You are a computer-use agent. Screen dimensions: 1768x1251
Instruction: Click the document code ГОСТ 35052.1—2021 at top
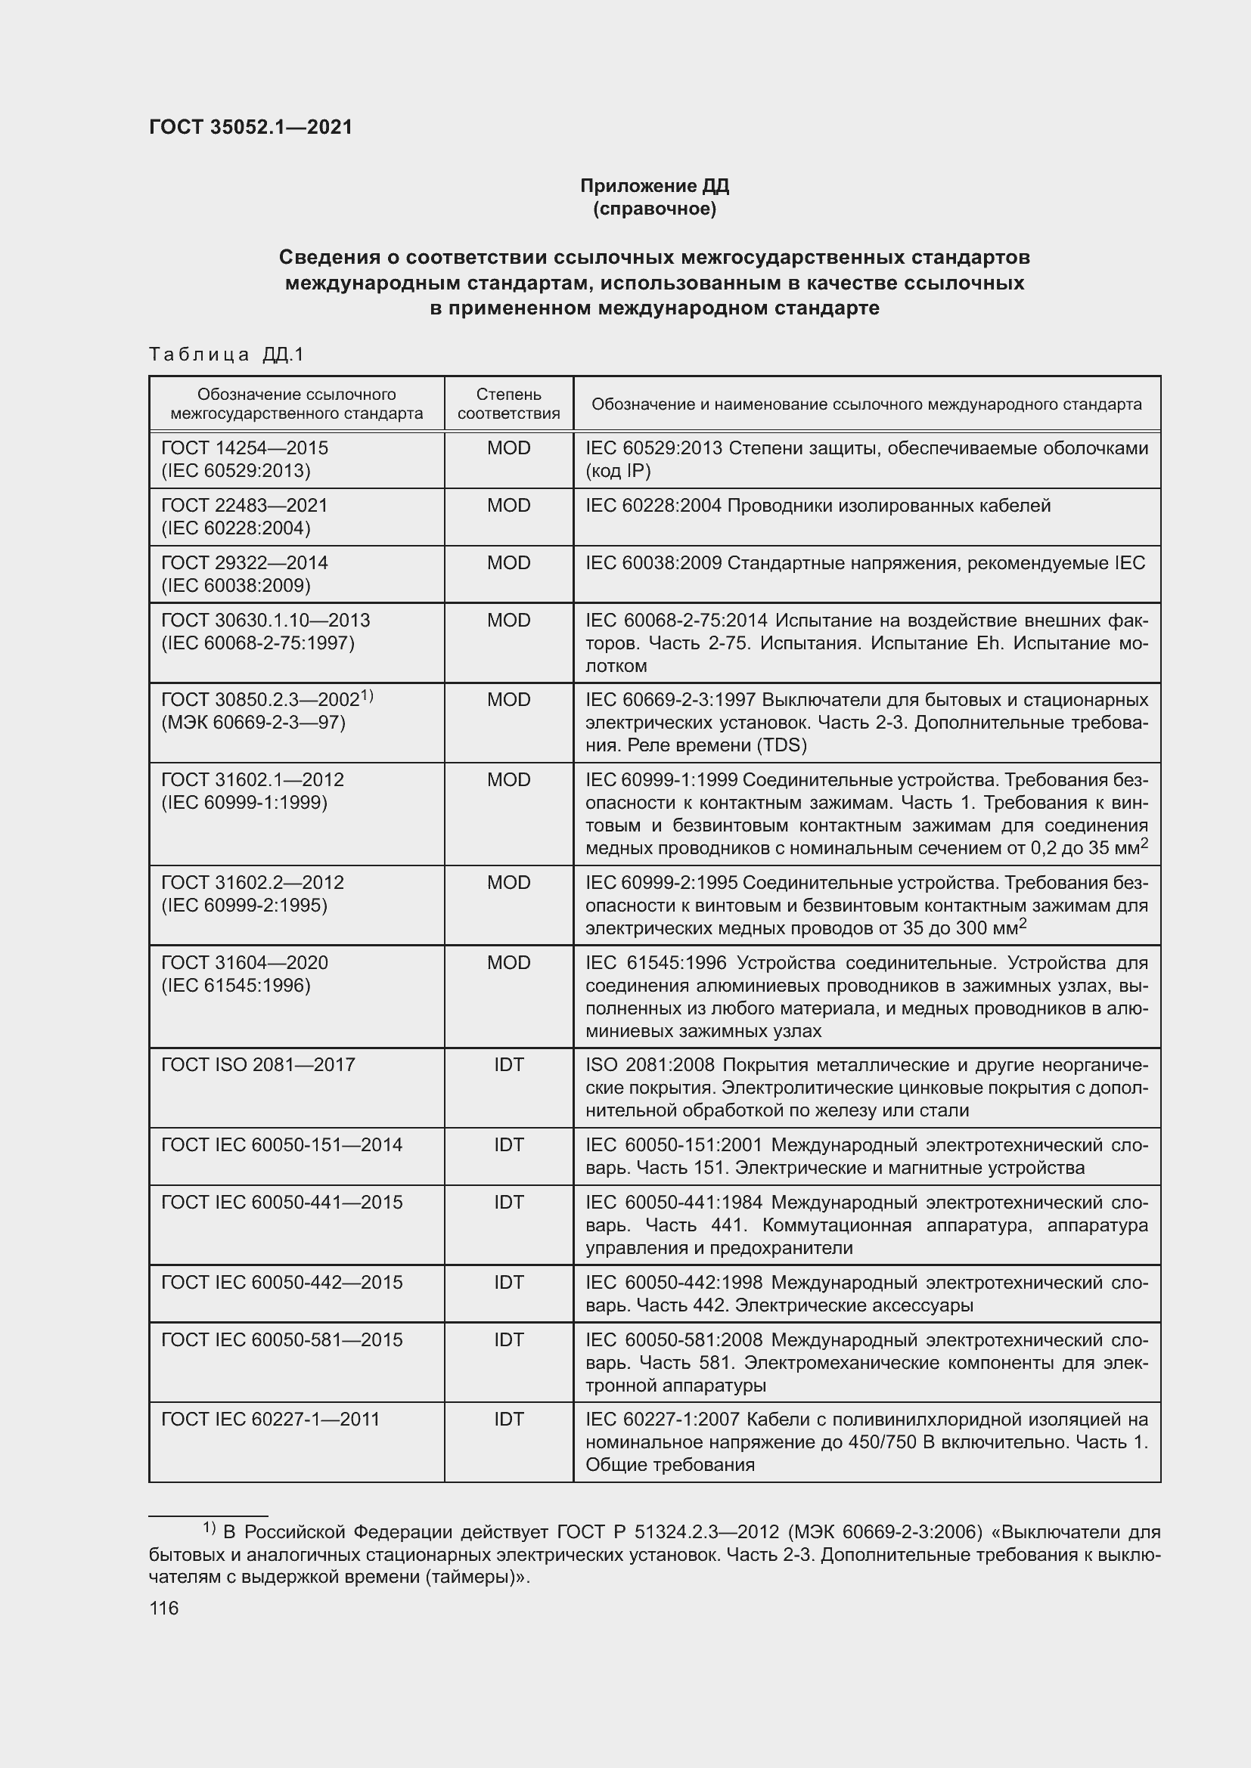click(x=250, y=127)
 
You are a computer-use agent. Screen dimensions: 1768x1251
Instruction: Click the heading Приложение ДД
click(x=654, y=186)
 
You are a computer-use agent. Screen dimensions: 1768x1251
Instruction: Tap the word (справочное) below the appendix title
click(x=654, y=209)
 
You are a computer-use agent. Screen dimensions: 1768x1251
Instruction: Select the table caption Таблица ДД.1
click(x=226, y=355)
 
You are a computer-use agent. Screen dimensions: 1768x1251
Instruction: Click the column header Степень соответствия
click(x=508, y=404)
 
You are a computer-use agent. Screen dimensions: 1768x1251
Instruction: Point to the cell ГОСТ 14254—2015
click(x=244, y=447)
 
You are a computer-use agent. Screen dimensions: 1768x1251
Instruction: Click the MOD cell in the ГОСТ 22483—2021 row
click(x=508, y=505)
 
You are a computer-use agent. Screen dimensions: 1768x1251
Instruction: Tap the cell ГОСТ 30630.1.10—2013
click(x=265, y=620)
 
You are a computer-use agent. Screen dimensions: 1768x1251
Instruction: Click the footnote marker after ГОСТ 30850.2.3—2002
click(x=368, y=695)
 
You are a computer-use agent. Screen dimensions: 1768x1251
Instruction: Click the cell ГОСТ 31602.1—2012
click(x=252, y=779)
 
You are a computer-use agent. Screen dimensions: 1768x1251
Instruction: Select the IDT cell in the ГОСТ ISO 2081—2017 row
click(x=508, y=1064)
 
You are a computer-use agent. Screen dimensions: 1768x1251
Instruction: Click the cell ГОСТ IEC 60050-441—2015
click(x=281, y=1202)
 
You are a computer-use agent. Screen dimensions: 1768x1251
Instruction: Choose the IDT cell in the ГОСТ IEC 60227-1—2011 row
click(x=508, y=1420)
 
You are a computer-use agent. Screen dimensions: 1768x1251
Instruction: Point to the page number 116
click(x=164, y=1608)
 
